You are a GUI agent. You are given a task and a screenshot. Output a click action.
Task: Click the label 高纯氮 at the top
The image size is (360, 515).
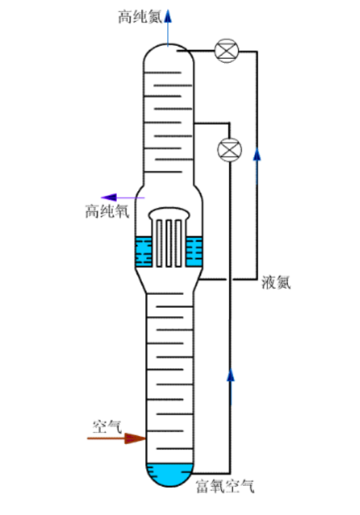click(x=140, y=16)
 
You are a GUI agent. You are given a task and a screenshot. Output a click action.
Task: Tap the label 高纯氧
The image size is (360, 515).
click(x=107, y=211)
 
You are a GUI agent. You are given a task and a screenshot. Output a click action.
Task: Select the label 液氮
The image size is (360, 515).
click(x=276, y=282)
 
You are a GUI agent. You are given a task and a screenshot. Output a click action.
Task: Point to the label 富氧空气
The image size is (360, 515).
click(x=225, y=486)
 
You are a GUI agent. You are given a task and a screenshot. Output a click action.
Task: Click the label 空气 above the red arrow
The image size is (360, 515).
click(x=107, y=426)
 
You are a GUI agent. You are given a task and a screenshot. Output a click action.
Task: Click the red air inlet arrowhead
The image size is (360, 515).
click(x=135, y=438)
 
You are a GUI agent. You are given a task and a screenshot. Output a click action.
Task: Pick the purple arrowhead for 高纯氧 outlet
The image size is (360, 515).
click(x=109, y=198)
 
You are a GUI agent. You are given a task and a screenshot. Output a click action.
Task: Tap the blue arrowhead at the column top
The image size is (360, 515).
click(x=168, y=16)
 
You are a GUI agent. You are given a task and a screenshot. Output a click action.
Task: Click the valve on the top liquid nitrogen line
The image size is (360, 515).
click(x=226, y=51)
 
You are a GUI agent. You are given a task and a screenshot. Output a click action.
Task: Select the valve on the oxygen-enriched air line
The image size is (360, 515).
click(x=229, y=150)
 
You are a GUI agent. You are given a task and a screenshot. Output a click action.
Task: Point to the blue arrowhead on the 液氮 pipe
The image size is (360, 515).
click(x=257, y=154)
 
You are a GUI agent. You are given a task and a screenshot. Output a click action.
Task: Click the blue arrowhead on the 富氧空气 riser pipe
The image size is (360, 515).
click(x=231, y=375)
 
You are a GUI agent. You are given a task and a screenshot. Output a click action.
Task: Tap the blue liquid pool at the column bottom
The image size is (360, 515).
click(x=169, y=476)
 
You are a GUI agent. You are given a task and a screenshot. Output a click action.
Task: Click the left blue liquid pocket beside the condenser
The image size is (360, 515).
click(x=143, y=252)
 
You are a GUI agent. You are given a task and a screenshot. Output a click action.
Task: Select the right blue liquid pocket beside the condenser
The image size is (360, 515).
click(x=194, y=252)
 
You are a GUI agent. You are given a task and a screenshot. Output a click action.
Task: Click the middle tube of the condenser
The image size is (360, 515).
click(x=168, y=243)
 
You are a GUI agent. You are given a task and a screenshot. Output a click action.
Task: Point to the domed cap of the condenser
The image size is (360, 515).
click(x=169, y=213)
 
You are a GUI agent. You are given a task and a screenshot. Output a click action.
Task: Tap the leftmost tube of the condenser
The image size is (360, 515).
click(x=159, y=243)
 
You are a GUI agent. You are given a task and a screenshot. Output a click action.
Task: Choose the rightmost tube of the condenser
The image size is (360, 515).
click(x=179, y=243)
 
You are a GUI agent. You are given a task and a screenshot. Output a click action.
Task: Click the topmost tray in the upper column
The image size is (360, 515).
click(x=162, y=72)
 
